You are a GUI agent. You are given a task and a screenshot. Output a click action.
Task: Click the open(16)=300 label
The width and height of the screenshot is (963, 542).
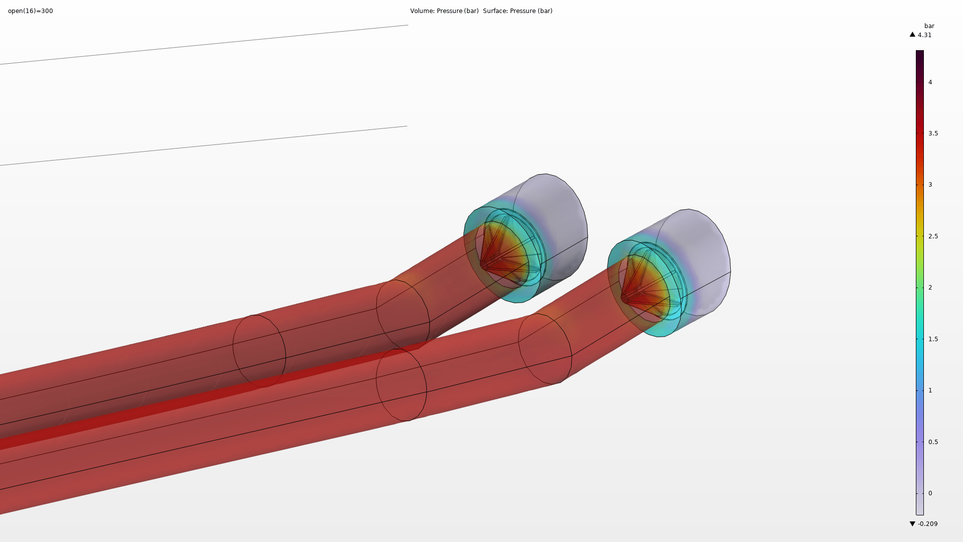pyautogui.click(x=31, y=11)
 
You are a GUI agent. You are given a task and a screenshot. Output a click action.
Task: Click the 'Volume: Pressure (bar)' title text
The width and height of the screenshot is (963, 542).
pyautogui.click(x=444, y=11)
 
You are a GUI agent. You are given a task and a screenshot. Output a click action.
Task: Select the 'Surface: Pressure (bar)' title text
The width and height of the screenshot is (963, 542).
pyautogui.click(x=518, y=11)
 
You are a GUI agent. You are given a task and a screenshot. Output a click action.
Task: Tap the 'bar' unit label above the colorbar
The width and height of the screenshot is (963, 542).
pyautogui.click(x=929, y=26)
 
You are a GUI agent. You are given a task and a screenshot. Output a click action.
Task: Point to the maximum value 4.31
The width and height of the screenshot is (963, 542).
pyautogui.click(x=924, y=35)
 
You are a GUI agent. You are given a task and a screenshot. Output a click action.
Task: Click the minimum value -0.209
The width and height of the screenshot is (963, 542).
pyautogui.click(x=927, y=524)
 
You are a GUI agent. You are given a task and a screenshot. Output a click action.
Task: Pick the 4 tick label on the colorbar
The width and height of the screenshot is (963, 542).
pyautogui.click(x=930, y=82)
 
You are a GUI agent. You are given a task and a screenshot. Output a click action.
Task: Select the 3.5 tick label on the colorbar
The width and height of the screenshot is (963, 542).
pyautogui.click(x=933, y=133)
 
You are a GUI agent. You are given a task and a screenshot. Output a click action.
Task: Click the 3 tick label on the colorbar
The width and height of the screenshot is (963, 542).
pyautogui.click(x=930, y=185)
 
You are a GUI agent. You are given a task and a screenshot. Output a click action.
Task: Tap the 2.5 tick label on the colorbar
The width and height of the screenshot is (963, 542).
pyautogui.click(x=933, y=236)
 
